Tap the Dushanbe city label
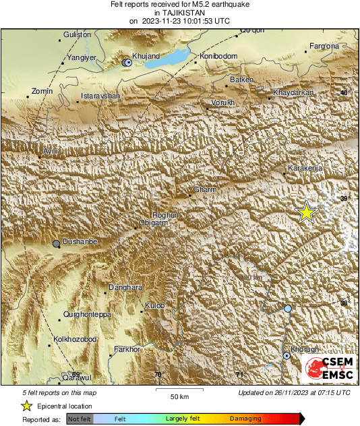point(80,241)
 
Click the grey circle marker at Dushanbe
point(57,243)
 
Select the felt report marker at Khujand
point(127,62)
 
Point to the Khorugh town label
point(305,348)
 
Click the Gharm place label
point(205,190)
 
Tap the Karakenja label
point(305,167)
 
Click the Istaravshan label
point(100,96)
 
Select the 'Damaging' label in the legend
point(246,419)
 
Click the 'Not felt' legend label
point(80,419)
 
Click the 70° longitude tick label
point(158,375)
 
